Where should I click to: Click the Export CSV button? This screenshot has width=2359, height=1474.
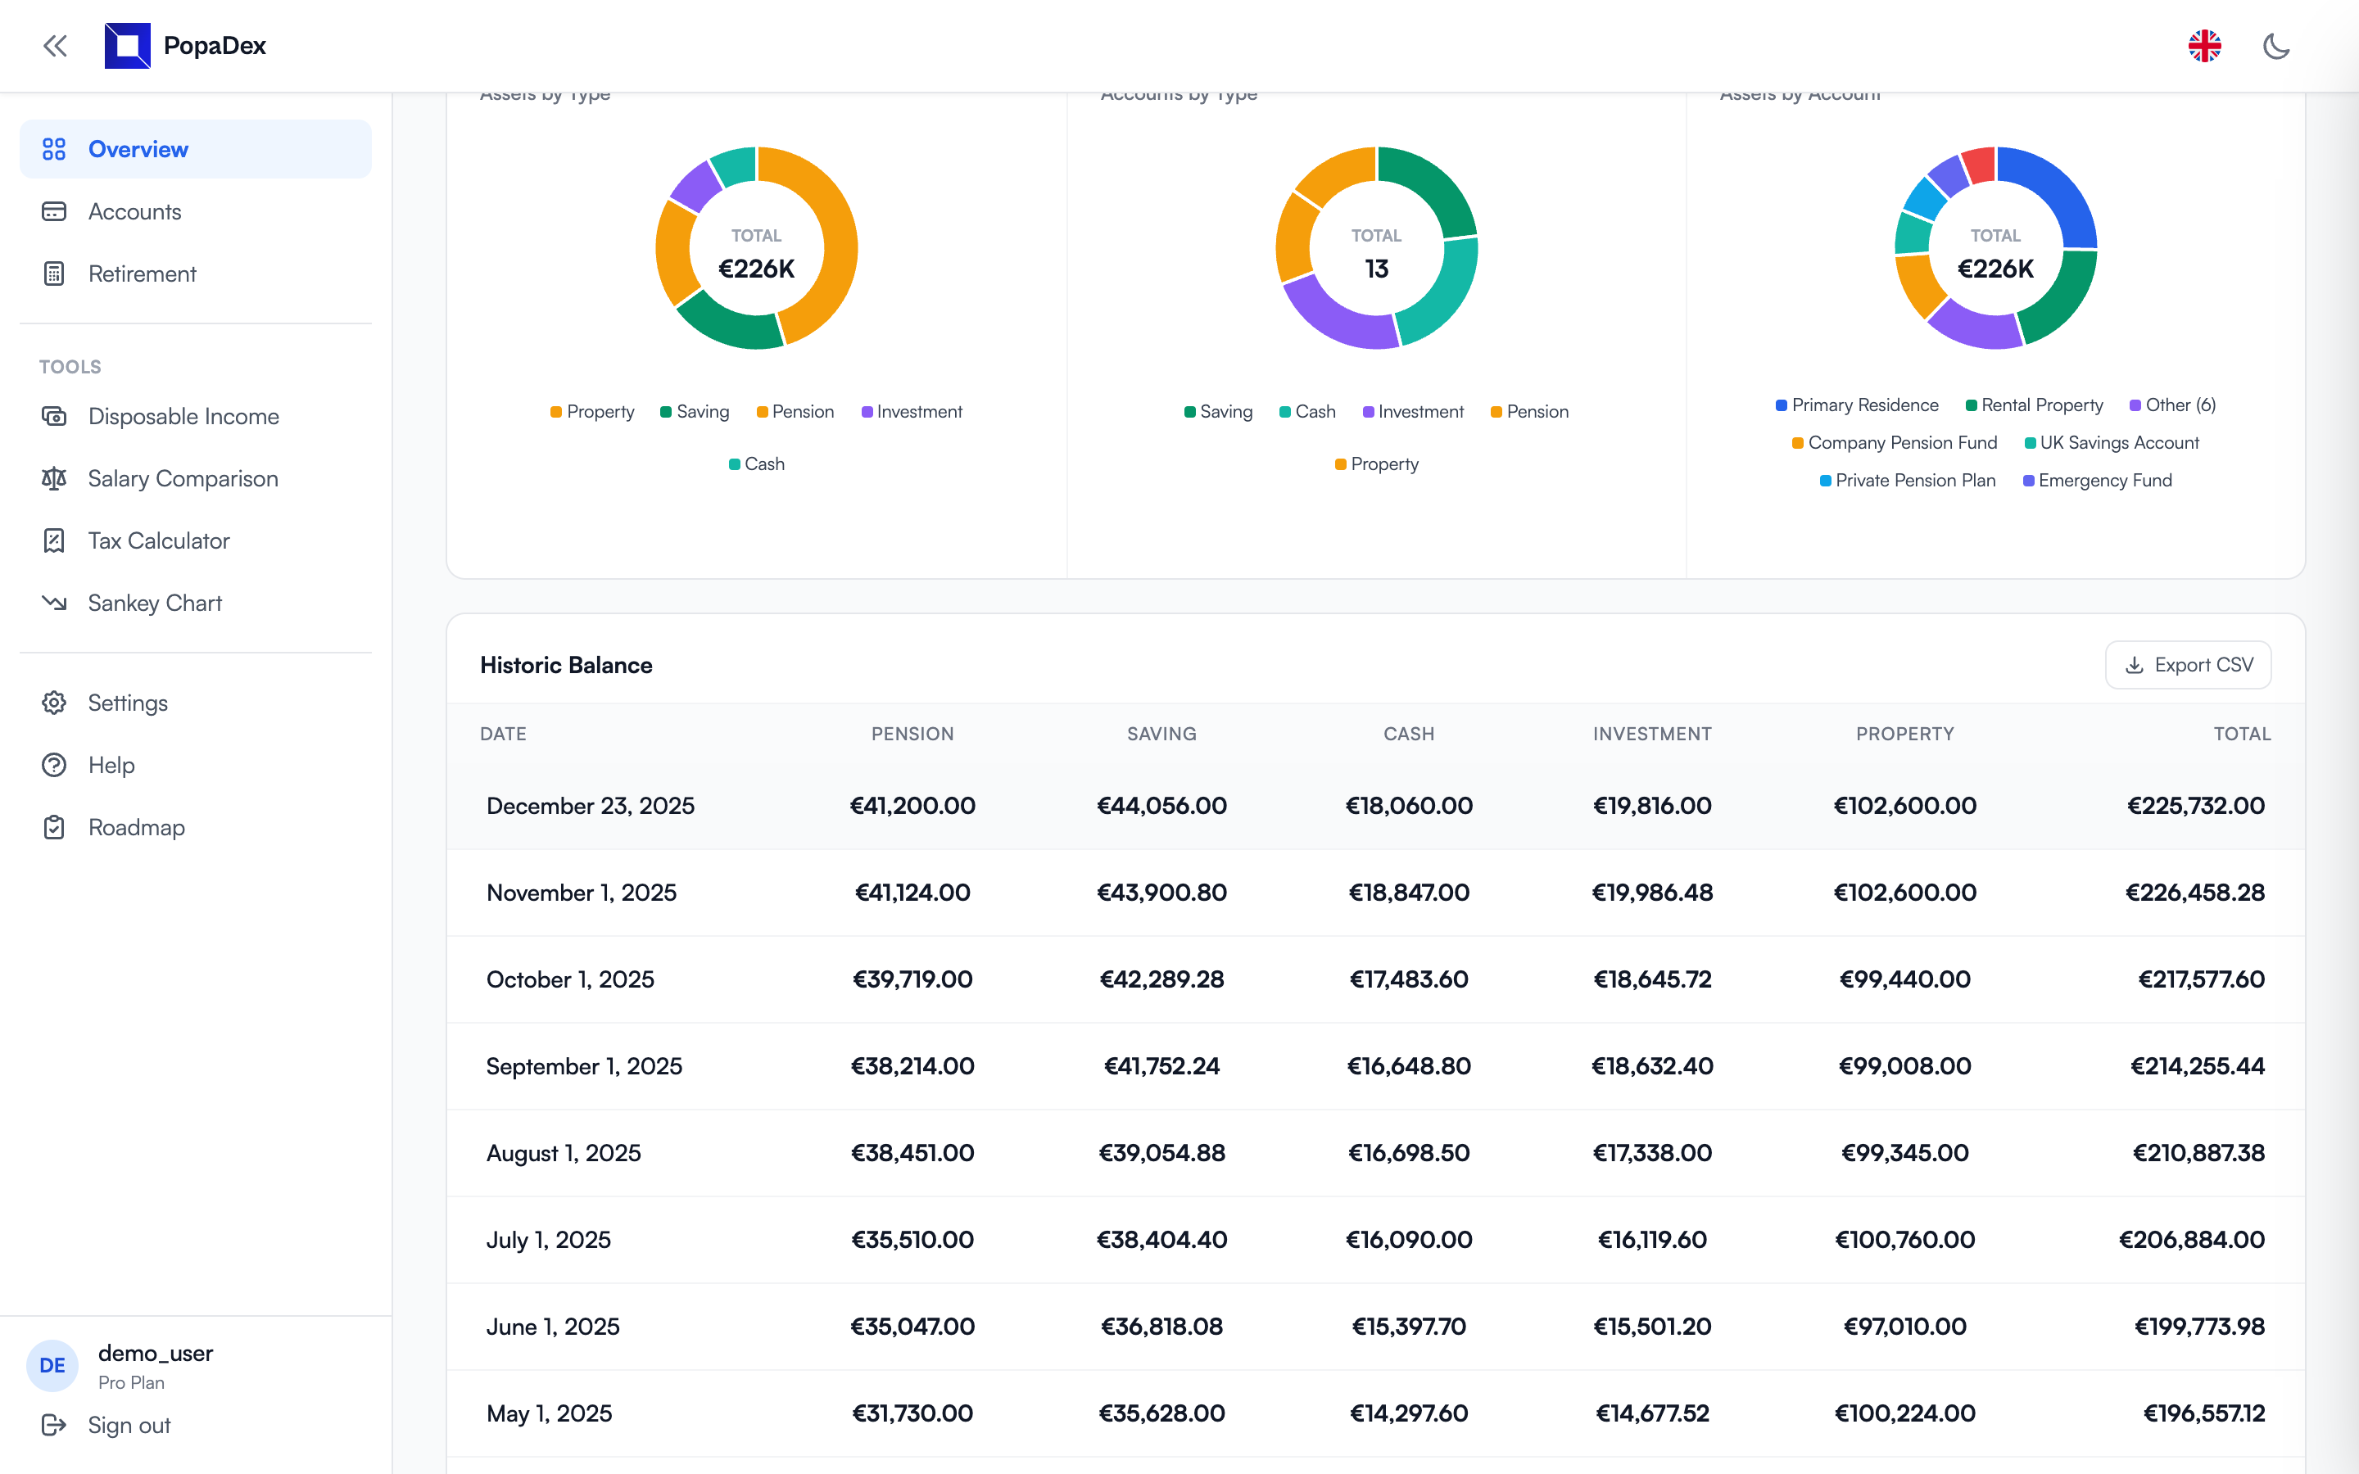point(2188,665)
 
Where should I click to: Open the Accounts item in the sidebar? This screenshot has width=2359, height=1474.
point(134,211)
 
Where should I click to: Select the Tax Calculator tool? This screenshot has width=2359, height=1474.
point(158,541)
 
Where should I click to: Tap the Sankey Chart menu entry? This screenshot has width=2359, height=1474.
point(154,604)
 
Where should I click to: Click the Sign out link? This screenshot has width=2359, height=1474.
point(128,1425)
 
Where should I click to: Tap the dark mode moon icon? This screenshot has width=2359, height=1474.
point(2275,46)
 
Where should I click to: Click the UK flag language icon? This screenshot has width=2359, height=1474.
point(2204,46)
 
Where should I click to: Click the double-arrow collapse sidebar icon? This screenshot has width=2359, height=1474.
point(55,46)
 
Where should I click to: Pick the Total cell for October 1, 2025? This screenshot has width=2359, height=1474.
point(2200,979)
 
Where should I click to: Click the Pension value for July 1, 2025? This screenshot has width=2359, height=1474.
point(912,1239)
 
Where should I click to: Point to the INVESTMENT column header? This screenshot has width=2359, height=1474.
point(1651,734)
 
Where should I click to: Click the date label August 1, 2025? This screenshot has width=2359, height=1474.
point(564,1153)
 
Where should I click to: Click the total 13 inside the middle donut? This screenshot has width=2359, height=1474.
point(1375,269)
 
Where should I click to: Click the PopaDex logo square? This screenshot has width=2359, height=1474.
point(128,46)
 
